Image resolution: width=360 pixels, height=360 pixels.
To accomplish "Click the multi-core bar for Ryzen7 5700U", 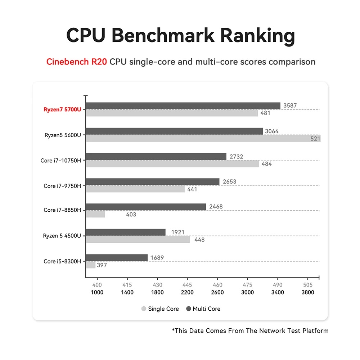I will point(183,106).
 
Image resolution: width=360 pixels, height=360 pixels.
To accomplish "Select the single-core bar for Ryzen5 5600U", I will point(203,139).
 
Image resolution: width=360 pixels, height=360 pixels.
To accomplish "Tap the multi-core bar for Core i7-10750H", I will point(156,157).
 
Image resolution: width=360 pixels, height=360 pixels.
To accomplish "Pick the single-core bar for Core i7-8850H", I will point(95,214).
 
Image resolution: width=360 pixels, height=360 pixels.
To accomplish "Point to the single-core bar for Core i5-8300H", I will point(91,265).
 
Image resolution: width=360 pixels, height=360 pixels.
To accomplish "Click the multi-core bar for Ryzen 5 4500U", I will point(126,232).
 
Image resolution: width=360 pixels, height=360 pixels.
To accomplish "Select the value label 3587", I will point(290,106).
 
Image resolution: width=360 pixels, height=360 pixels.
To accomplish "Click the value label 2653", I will point(229,181).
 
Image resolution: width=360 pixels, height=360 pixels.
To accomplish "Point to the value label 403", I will point(131,215).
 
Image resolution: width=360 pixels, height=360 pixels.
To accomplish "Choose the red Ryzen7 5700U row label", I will point(62,109).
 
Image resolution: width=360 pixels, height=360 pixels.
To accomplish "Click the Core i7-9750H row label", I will point(62,186).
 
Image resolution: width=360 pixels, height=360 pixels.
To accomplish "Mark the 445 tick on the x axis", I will point(187,284).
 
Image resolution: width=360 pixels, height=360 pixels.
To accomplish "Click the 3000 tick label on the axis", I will point(248,292).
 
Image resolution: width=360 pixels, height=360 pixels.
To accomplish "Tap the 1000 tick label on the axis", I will point(97,292).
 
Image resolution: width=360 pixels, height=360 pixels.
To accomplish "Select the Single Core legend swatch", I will point(144,309).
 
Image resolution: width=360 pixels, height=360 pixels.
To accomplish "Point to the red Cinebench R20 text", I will point(77,62).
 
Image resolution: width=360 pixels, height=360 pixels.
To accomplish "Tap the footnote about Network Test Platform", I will point(250,330).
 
